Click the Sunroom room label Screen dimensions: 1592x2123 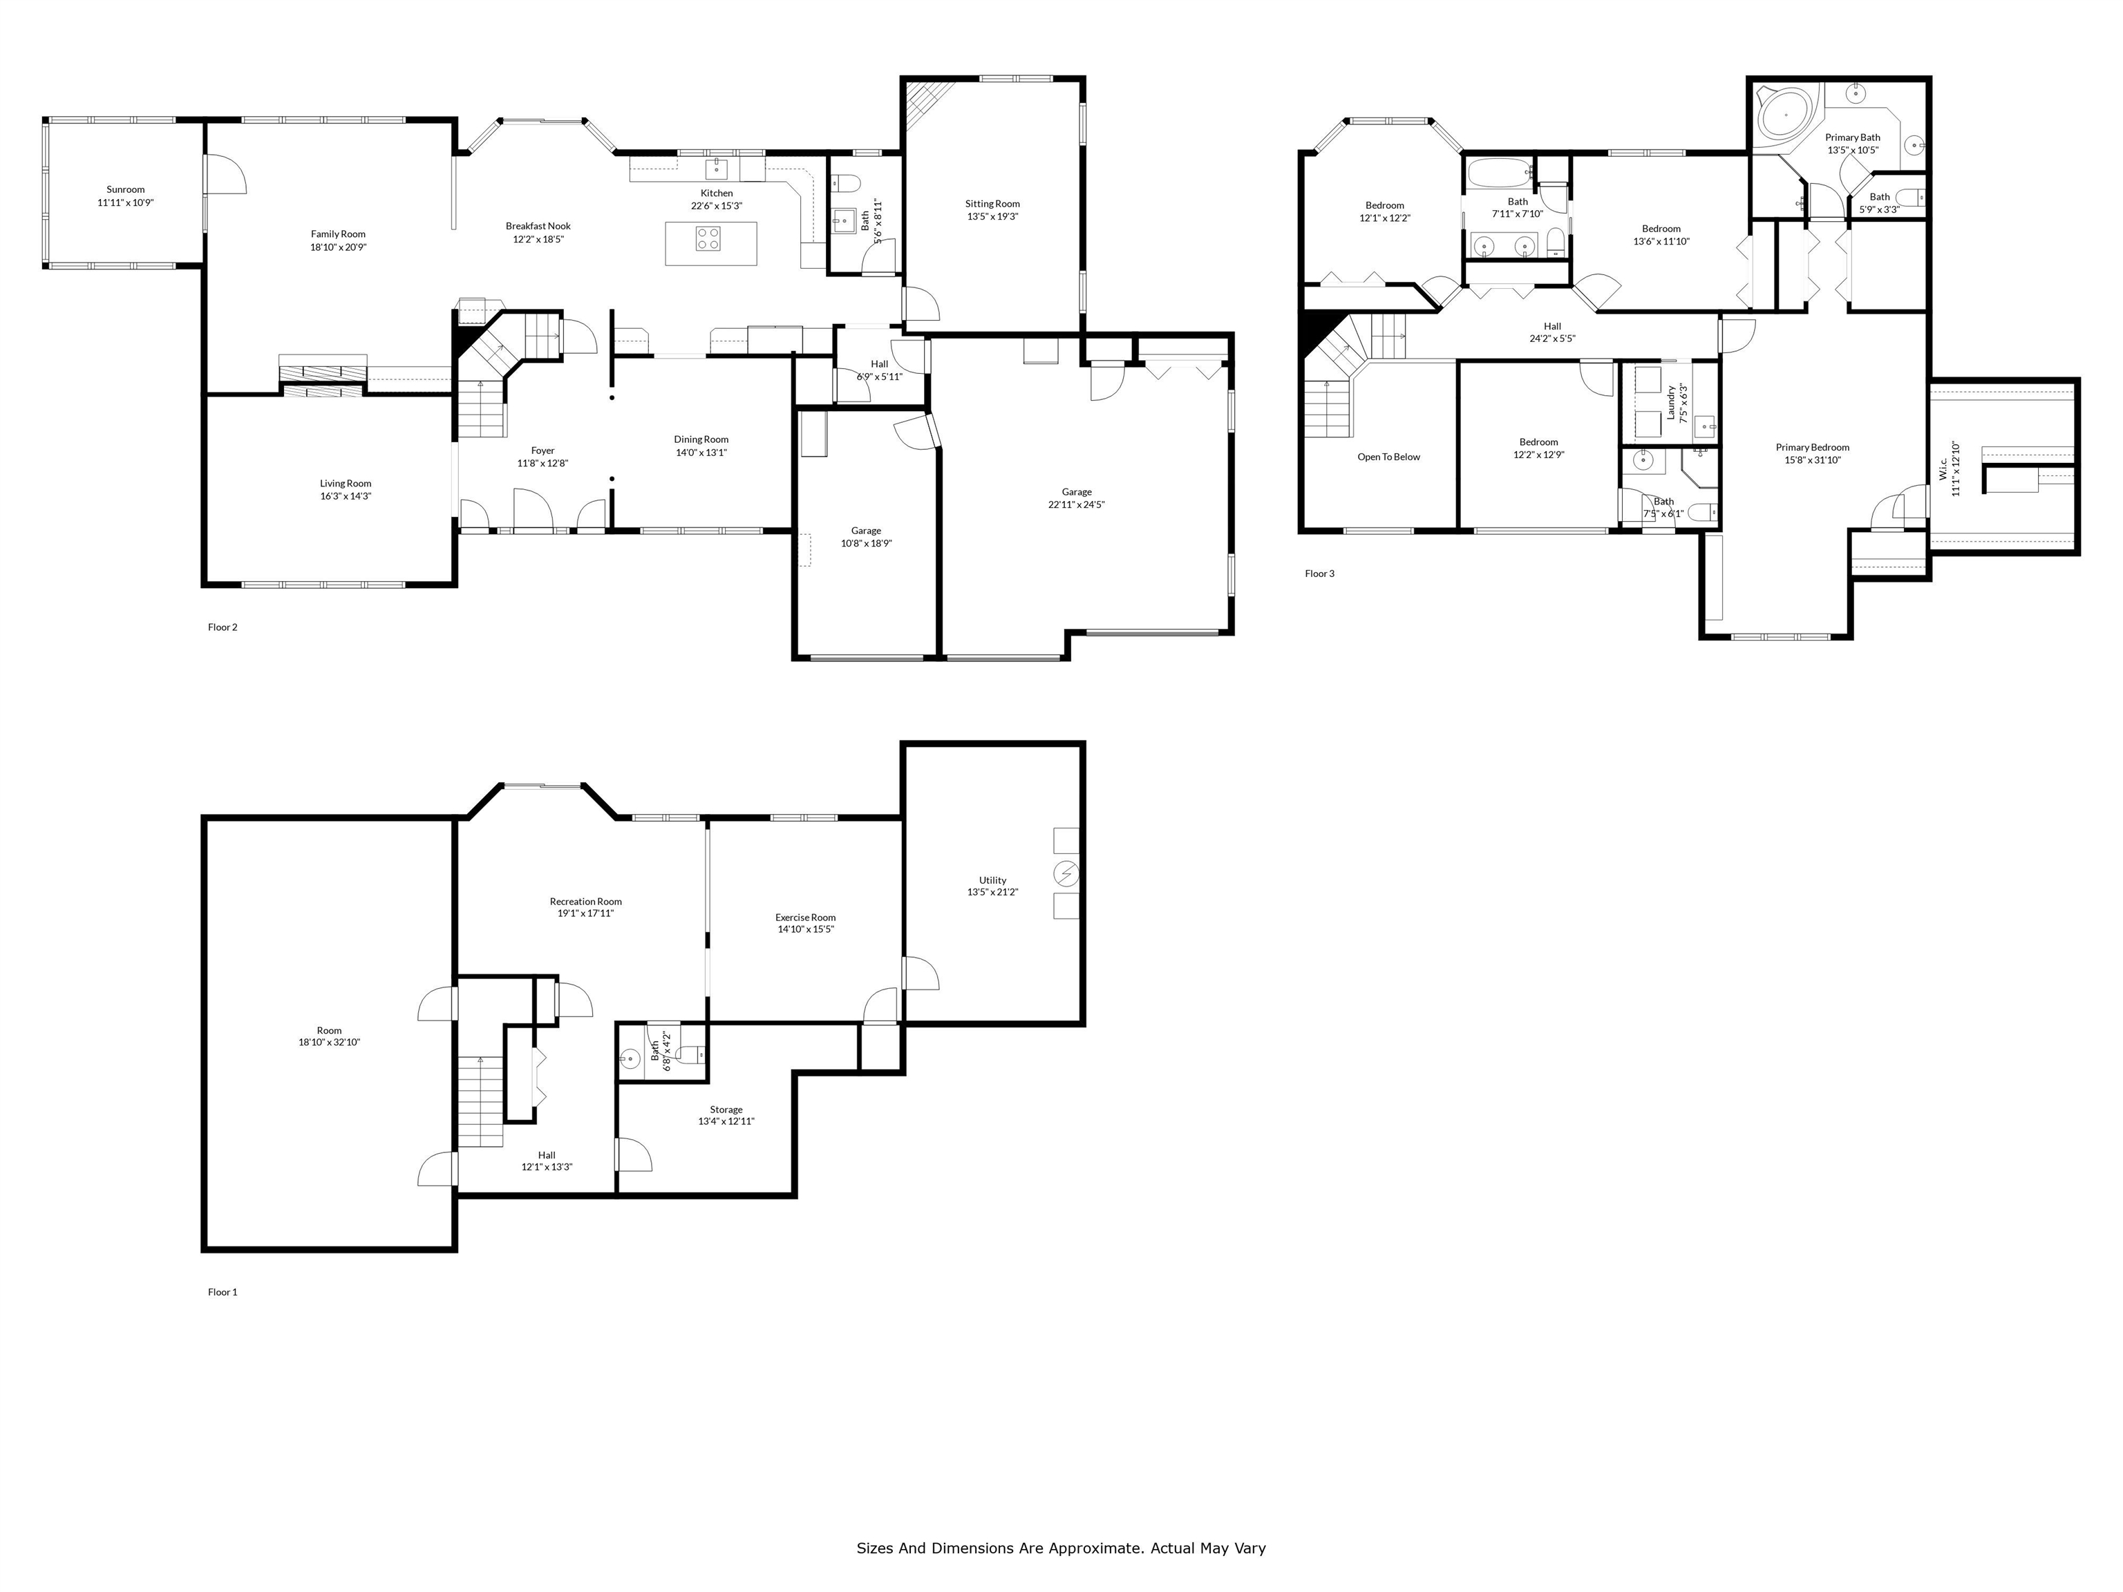click(126, 190)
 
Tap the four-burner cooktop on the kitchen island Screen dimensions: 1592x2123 click(708, 238)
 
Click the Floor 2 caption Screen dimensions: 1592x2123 click(222, 627)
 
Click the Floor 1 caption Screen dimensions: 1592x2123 click(222, 1291)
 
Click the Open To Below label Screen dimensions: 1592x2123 click(1388, 457)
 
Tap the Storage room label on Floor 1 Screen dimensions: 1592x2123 click(726, 1109)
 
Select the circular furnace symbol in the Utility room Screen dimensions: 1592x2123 click(1066, 873)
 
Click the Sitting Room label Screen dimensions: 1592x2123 click(992, 203)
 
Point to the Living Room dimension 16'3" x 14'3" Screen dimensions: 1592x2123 click(346, 496)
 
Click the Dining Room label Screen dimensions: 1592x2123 click(701, 439)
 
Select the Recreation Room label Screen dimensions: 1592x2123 click(585, 901)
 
